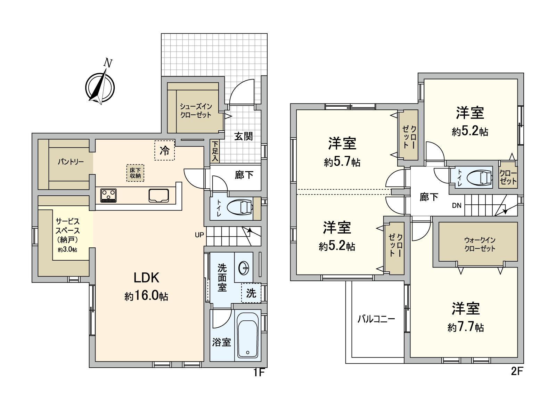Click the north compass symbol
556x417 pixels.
coord(100,85)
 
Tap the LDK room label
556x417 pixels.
coord(146,278)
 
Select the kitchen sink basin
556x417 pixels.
coord(159,195)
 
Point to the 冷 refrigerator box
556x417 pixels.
coord(164,150)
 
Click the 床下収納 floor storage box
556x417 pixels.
coord(135,173)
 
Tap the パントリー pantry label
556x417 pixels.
coord(71,162)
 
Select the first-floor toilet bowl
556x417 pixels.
coord(241,208)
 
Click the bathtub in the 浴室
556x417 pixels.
coord(247,335)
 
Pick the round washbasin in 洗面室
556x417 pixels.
coord(244,268)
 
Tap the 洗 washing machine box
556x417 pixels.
coord(251,293)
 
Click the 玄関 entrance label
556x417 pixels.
coord(243,136)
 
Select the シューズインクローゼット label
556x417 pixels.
coord(196,111)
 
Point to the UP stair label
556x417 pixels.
coord(199,235)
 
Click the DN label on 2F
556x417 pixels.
coord(457,205)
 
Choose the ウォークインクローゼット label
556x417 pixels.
coord(480,244)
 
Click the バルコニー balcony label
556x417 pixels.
coord(376,319)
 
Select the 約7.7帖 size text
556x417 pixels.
coord(466,327)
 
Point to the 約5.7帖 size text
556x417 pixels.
coord(342,162)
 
